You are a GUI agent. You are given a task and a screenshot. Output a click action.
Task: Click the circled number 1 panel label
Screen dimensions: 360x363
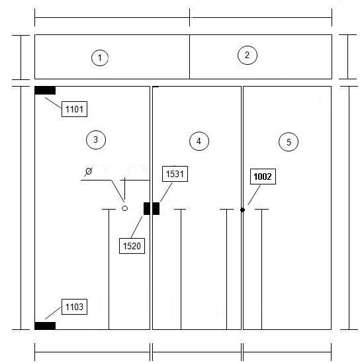click(100, 58)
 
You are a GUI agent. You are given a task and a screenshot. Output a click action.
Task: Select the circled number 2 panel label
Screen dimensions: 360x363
click(247, 55)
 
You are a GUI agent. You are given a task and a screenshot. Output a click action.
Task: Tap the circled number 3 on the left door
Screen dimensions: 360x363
click(96, 140)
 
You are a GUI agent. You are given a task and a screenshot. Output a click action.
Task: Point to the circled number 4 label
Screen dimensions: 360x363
click(199, 141)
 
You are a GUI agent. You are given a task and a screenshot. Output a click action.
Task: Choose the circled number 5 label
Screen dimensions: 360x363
click(289, 142)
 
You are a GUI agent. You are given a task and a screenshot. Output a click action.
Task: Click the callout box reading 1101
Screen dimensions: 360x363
click(74, 109)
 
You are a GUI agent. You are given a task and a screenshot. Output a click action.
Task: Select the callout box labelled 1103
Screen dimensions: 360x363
click(74, 307)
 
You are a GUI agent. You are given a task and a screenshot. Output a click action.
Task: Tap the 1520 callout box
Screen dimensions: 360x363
click(132, 246)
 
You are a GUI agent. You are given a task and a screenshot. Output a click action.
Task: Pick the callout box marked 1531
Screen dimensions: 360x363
click(175, 174)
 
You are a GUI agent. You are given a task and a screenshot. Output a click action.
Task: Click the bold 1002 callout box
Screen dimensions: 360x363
click(263, 177)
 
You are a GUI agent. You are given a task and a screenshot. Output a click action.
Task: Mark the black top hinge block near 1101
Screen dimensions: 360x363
click(45, 91)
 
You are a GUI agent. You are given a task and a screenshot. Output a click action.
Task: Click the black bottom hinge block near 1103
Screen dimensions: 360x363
click(45, 326)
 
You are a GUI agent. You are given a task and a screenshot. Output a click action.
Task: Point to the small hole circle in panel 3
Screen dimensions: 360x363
click(124, 208)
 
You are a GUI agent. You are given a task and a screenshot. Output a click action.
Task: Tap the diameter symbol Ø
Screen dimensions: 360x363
click(89, 171)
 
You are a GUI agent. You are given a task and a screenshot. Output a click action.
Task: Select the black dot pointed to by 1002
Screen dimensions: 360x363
click(243, 210)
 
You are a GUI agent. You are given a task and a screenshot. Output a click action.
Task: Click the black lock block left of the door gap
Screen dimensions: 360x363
click(147, 208)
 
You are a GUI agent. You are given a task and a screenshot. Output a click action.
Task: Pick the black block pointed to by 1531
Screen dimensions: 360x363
click(156, 208)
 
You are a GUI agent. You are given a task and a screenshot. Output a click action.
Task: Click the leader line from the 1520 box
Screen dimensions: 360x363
click(137, 227)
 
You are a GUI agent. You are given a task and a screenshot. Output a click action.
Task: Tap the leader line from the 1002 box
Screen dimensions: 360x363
click(254, 194)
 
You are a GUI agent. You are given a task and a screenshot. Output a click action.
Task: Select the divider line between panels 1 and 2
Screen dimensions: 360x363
click(189, 57)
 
